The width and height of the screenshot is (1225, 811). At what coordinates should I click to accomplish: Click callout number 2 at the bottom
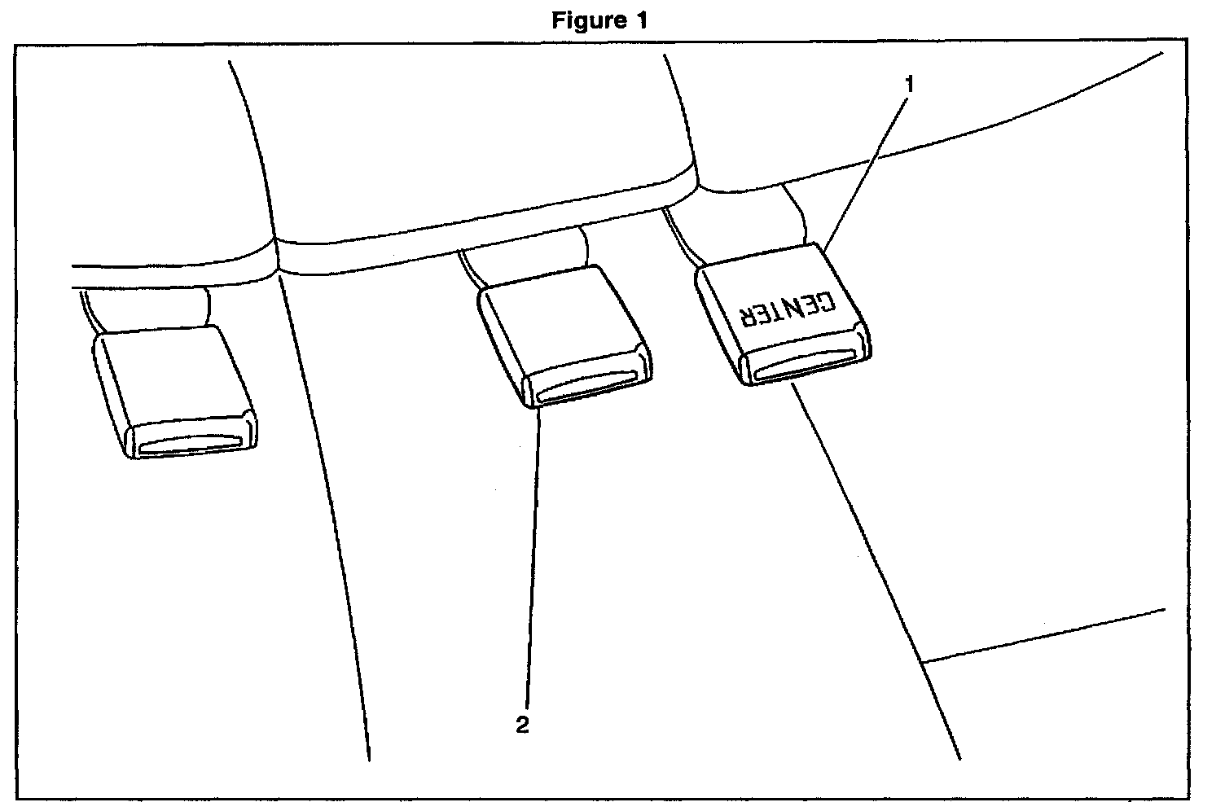522,725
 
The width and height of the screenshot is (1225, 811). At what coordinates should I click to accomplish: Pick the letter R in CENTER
746,313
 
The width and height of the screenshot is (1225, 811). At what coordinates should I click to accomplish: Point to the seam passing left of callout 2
342,570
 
